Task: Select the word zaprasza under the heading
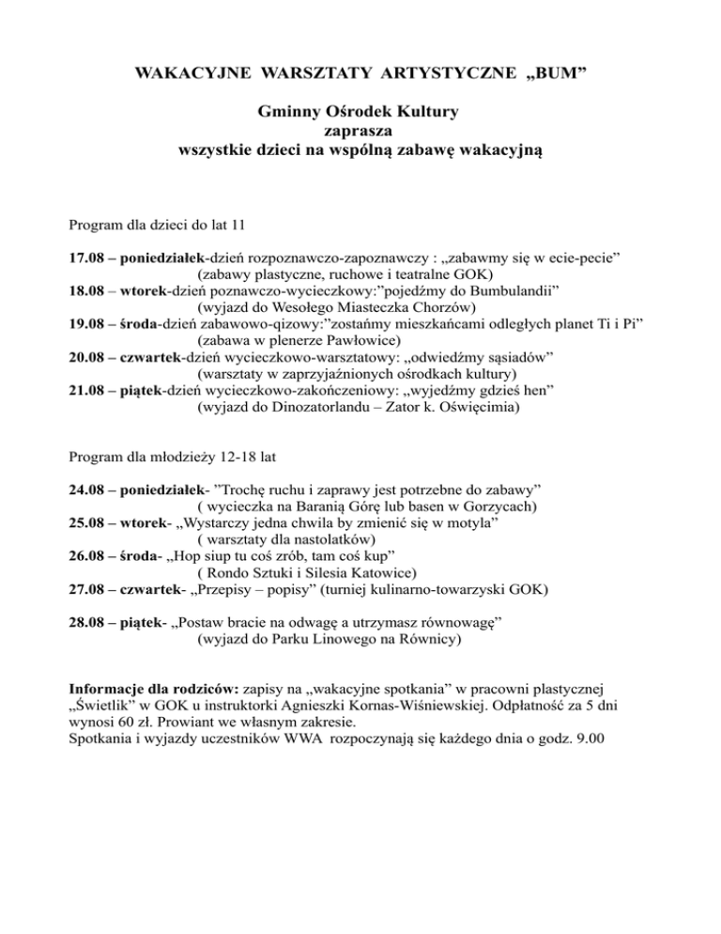tap(360, 131)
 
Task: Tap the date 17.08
tap(87, 257)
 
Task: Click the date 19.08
tap(87, 323)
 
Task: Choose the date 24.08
tap(87, 490)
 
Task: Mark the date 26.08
tap(87, 556)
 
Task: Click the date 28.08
tap(87, 623)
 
